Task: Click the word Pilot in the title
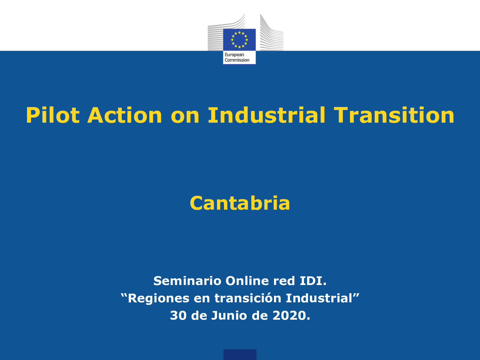click(x=52, y=115)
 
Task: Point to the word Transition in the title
click(x=394, y=115)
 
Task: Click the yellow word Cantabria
click(x=240, y=203)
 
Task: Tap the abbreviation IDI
click(x=313, y=281)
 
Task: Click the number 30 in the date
click(x=178, y=315)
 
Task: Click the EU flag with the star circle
click(x=239, y=40)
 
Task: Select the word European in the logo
click(x=234, y=55)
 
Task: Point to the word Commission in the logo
click(x=237, y=60)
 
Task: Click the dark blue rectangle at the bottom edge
click(x=240, y=354)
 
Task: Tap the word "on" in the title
click(x=185, y=115)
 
